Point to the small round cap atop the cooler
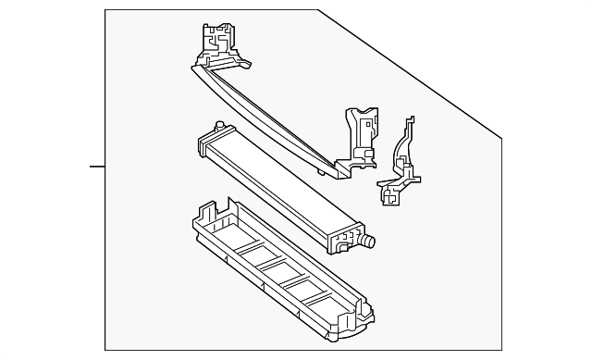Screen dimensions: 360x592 (218, 126)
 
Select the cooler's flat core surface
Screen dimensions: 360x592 (277, 185)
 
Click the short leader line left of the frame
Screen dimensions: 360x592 (97, 167)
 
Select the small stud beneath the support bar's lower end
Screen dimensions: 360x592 (325, 170)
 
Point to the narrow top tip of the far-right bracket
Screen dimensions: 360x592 (410, 123)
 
